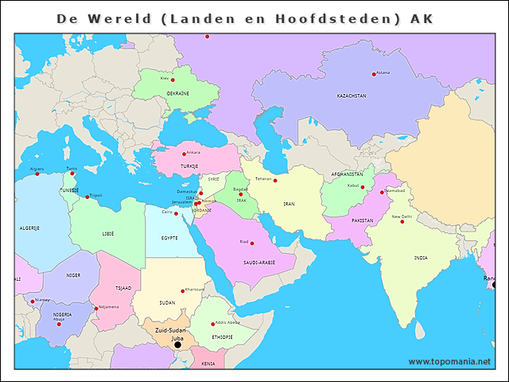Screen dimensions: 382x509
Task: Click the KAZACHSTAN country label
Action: coord(352,95)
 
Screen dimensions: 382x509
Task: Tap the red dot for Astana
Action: coord(374,75)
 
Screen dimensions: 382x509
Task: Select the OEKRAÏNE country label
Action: coord(178,93)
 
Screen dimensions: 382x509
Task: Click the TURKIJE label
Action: coord(189,166)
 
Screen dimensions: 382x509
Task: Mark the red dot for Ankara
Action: coord(184,154)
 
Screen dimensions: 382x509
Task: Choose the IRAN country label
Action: coord(289,204)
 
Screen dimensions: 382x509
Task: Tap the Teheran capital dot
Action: coord(275,180)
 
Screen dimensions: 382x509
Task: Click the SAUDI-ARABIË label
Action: coord(259,262)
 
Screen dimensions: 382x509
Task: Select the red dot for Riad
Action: coord(253,242)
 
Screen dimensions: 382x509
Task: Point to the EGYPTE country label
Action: coord(169,237)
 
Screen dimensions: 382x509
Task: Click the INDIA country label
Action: coord(421,257)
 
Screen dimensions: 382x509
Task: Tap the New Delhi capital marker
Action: coord(402,221)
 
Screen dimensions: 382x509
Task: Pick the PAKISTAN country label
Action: coord(363,220)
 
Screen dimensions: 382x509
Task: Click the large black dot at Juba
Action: coord(177,345)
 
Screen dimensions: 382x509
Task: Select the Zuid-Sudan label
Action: coord(171,329)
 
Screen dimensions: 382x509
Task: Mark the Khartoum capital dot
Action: coord(182,290)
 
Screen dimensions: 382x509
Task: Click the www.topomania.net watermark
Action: coord(450,362)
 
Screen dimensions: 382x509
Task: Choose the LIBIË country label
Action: coord(107,234)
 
